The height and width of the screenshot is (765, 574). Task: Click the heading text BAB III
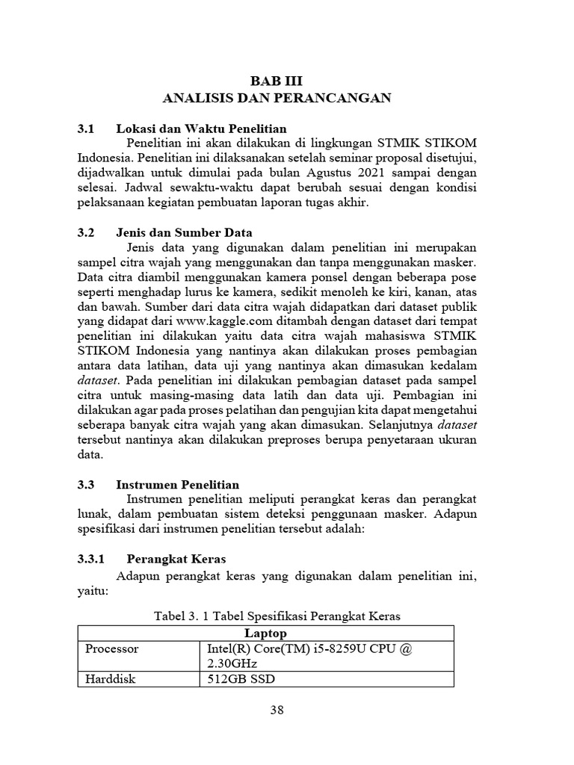(277, 81)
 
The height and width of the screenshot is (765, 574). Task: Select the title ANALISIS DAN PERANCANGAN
(277, 97)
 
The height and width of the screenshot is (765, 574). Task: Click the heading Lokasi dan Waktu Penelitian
(207, 128)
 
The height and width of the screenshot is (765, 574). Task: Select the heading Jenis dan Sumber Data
(190, 232)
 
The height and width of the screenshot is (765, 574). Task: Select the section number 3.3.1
(93, 559)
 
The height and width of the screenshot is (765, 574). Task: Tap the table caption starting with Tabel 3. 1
(277, 616)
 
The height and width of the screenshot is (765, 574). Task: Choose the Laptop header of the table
(266, 634)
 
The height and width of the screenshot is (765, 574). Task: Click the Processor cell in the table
(112, 649)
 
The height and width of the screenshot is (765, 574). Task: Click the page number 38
(277, 710)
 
